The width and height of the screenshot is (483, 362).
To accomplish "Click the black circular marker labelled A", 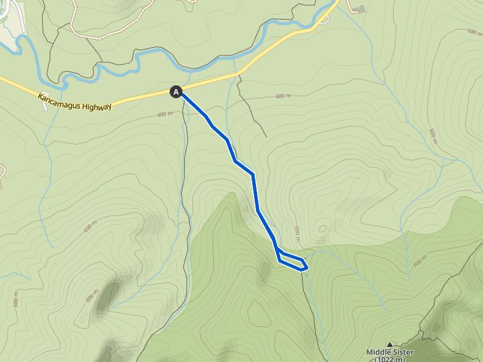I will point(176,92).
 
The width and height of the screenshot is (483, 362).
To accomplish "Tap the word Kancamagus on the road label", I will point(59,100).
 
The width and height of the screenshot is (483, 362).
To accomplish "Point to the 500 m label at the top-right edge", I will point(475,31).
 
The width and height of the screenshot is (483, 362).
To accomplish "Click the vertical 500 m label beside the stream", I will point(433,136).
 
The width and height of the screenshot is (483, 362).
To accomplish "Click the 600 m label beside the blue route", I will point(297,233).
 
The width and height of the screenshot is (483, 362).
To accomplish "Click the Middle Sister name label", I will point(390,353).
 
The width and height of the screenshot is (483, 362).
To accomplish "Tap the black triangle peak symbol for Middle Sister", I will point(390,344).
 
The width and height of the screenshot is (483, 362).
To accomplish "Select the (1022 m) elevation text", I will point(390,359).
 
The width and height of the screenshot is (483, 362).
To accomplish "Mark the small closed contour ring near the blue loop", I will point(323,229).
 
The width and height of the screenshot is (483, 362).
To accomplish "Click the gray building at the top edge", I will point(360,9).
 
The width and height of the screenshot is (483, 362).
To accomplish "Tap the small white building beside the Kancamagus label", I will point(44,106).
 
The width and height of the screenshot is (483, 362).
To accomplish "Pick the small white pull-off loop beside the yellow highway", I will point(323,19).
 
